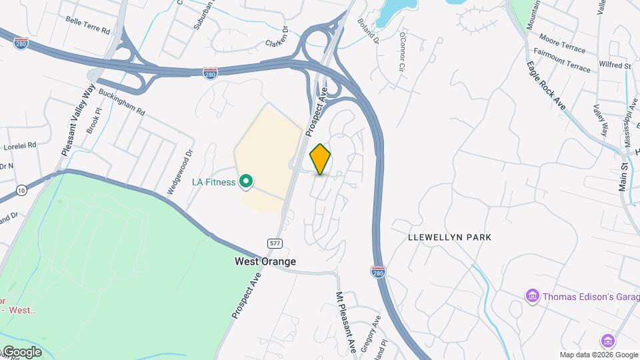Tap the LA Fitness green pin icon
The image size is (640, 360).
click(x=246, y=181)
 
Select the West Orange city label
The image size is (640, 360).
click(x=265, y=261)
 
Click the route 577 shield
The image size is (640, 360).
click(x=274, y=243)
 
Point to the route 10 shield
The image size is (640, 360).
click(x=22, y=190)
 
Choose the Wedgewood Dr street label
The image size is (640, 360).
click(x=179, y=172)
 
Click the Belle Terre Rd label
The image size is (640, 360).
click(x=87, y=21)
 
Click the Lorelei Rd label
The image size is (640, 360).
click(x=20, y=145)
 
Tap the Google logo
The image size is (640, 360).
click(x=21, y=352)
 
